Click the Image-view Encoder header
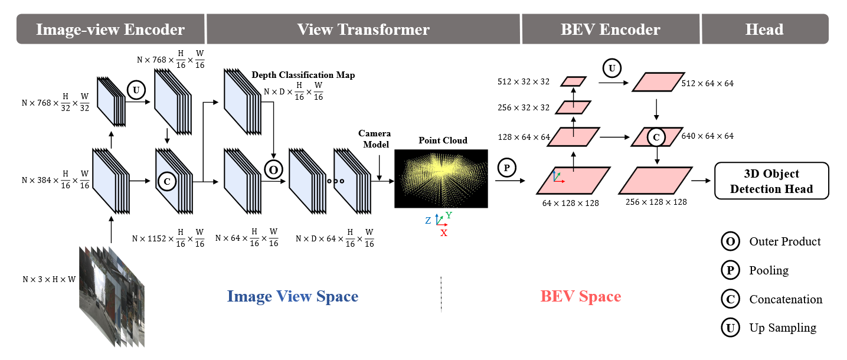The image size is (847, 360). (x=110, y=30)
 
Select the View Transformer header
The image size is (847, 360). (x=363, y=30)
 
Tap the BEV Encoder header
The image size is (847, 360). (x=610, y=30)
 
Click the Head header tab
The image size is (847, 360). (x=764, y=30)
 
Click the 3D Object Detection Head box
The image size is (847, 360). (x=771, y=181)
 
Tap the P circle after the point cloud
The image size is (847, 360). (x=506, y=168)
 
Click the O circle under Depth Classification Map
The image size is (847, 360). (x=273, y=169)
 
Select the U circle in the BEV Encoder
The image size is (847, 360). (x=611, y=68)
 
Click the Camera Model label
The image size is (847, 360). (x=374, y=139)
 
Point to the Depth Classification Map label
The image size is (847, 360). (x=303, y=75)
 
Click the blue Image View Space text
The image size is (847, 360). (x=292, y=296)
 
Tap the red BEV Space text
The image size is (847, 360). (x=580, y=296)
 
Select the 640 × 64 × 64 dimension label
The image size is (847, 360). (x=708, y=136)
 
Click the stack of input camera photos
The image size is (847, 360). (x=112, y=295)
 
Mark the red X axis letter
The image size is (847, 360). (x=444, y=233)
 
